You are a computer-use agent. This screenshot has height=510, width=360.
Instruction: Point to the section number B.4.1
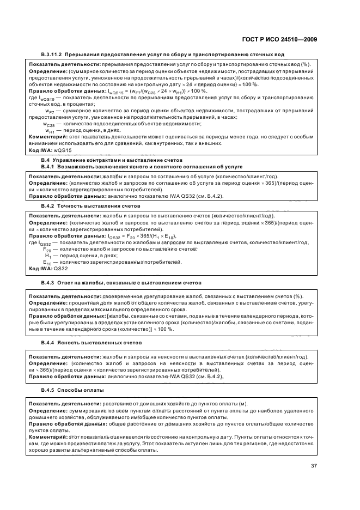click(50, 166)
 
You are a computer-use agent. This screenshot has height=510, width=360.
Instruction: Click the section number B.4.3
click(50, 283)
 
